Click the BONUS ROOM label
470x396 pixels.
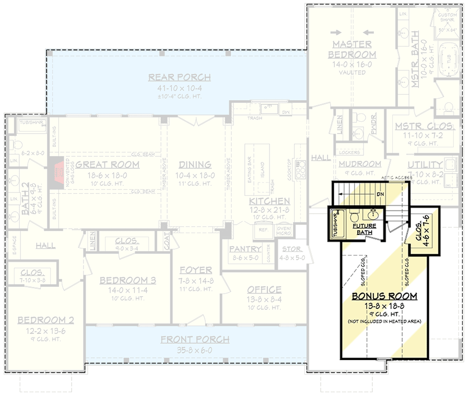tap(384, 296)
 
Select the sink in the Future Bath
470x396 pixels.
tap(374, 215)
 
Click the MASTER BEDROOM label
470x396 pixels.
tap(352, 50)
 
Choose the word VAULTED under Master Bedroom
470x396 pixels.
tap(352, 73)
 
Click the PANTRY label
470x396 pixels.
tap(245, 249)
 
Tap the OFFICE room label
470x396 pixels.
tap(264, 290)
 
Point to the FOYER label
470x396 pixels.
tap(195, 271)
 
